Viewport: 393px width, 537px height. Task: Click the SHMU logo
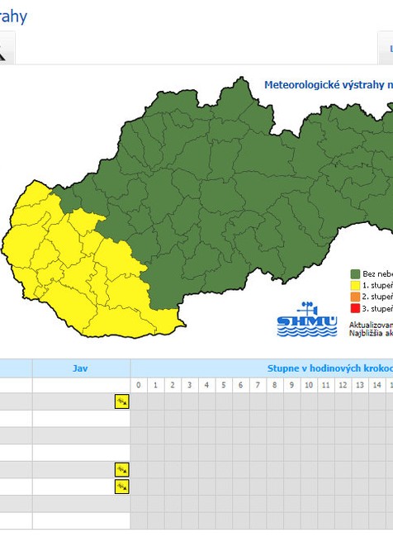click(307, 321)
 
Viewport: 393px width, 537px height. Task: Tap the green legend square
click(355, 273)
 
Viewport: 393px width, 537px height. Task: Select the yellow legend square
click(355, 285)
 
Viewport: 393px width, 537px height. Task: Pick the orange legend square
click(355, 297)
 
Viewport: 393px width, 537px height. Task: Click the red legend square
click(355, 308)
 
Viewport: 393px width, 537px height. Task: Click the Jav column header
click(80, 368)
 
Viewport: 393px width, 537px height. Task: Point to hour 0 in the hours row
click(139, 386)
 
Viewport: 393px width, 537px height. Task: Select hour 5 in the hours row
click(224, 386)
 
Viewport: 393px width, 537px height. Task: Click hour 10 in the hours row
click(308, 386)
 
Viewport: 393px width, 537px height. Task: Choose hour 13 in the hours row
click(359, 386)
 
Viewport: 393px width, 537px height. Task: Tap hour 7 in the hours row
click(258, 386)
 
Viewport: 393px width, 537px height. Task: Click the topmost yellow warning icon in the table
click(121, 402)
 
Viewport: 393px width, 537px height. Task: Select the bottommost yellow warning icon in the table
click(121, 487)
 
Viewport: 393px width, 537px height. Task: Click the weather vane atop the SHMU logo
click(307, 307)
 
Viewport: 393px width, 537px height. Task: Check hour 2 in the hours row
click(173, 386)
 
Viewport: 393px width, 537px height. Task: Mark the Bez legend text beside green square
click(369, 273)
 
